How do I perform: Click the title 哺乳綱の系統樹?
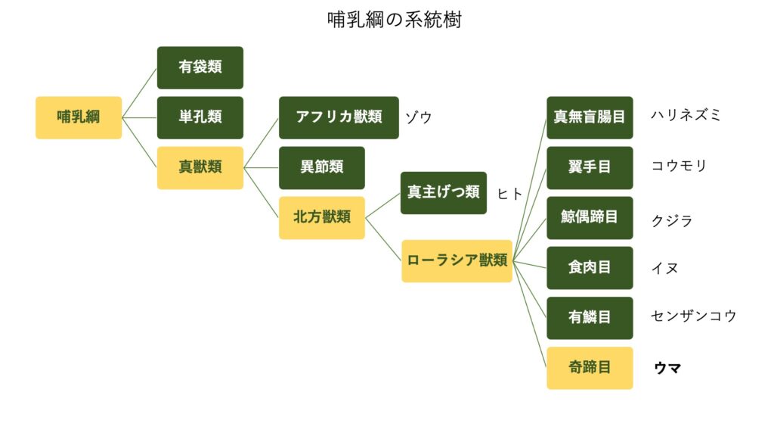point(394,20)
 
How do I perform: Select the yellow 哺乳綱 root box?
point(79,117)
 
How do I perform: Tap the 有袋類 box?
point(200,67)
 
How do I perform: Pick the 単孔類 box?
point(200,117)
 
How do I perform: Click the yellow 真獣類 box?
point(200,167)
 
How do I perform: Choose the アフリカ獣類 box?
point(339,117)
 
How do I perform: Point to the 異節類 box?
point(322,167)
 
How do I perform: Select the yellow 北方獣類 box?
point(322,218)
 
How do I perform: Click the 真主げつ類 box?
point(443,193)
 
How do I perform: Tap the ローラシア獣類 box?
point(457,261)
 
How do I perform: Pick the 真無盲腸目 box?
point(590,117)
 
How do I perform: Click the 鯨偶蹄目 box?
point(590,218)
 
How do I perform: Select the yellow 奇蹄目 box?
point(590,368)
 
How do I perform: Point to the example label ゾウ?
point(419,117)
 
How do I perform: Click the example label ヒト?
point(509,194)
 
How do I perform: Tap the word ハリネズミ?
point(686,115)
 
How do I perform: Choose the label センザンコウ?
point(694,316)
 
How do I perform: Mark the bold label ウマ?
point(667,368)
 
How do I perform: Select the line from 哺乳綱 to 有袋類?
point(140,93)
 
